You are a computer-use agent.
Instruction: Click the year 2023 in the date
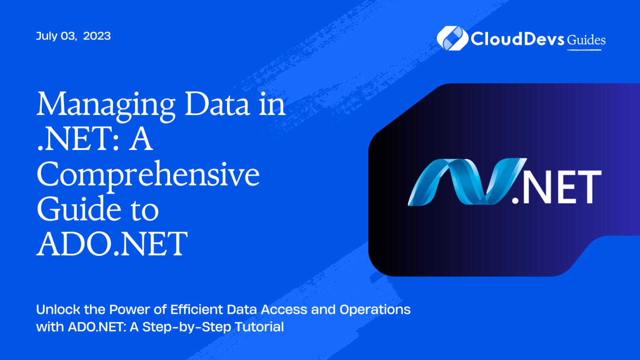click(97, 36)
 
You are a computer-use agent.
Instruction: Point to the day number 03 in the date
click(68, 36)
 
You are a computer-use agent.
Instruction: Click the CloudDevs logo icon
click(452, 38)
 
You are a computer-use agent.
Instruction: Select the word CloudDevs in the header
click(517, 39)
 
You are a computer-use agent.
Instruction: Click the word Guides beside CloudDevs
click(586, 40)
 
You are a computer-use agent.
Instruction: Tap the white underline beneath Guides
click(584, 50)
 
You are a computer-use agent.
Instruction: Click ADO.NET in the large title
click(112, 244)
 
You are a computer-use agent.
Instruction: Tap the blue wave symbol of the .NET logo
click(462, 182)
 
